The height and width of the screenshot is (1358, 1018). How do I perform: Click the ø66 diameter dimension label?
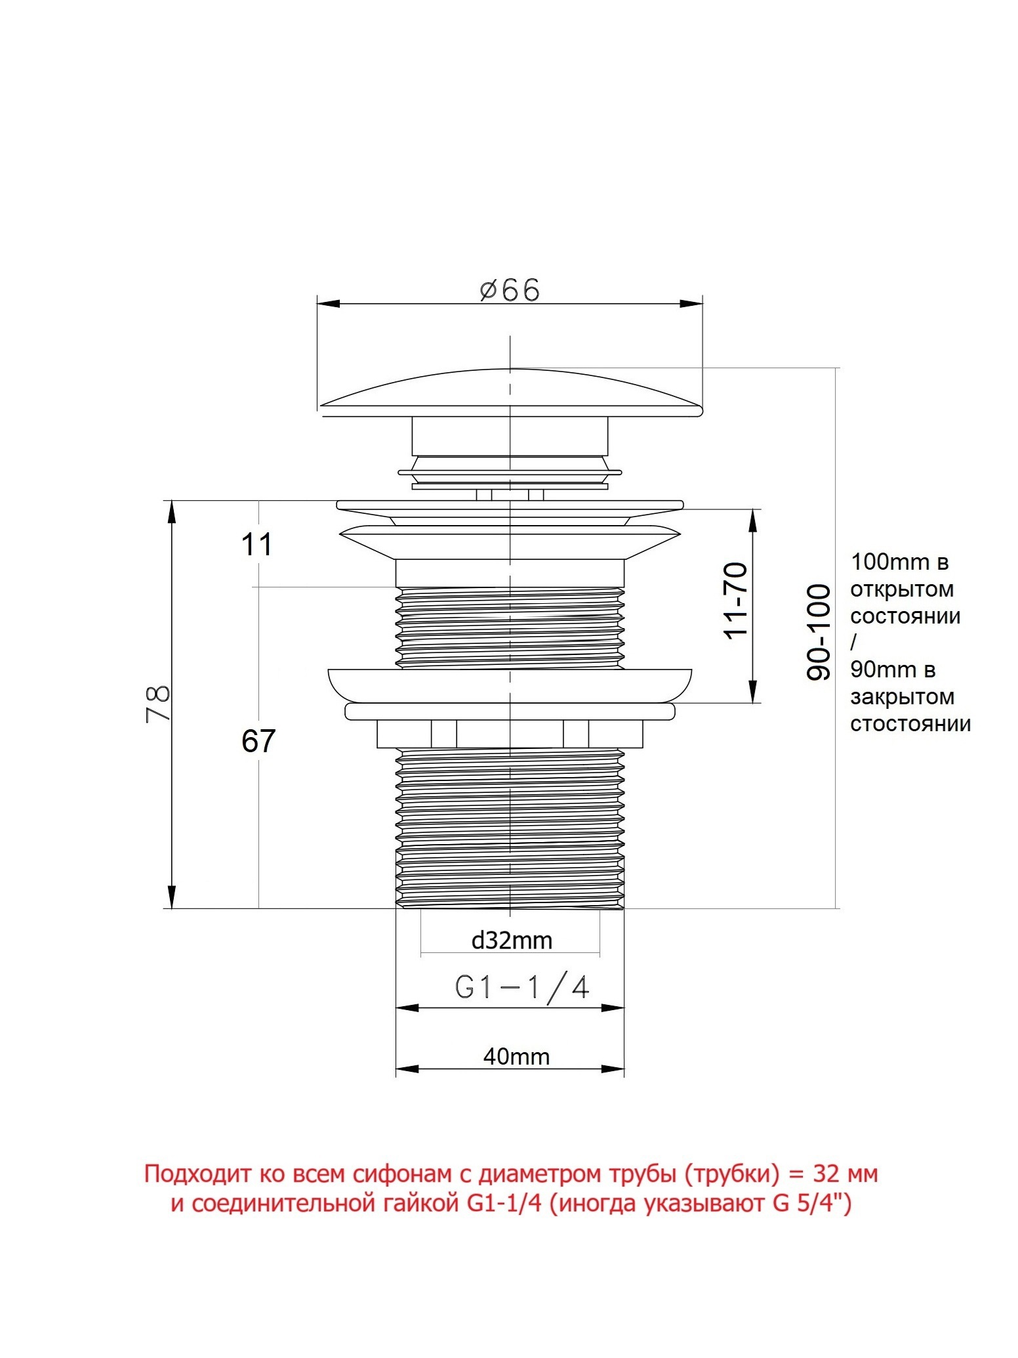[510, 289]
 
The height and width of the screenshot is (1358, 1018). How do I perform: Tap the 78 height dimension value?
[158, 703]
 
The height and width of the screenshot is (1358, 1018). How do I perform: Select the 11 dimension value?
[256, 544]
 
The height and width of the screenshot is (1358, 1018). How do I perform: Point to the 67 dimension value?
[258, 741]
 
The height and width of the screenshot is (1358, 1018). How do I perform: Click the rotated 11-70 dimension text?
[735, 600]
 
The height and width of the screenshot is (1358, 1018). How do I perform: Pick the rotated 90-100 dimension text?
[819, 632]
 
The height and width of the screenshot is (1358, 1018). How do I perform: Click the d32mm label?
[512, 941]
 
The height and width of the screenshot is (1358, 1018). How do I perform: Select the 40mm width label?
[516, 1056]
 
